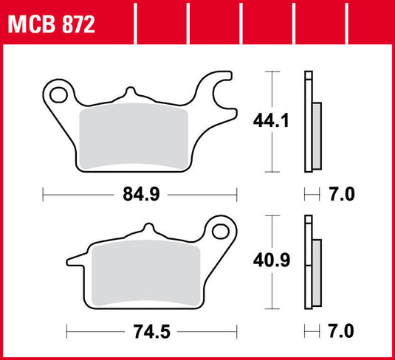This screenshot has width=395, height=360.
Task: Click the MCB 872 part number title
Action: pyautogui.click(x=51, y=25)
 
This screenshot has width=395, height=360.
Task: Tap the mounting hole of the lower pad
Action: pyautogui.click(x=221, y=232)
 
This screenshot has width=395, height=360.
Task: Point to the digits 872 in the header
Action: pyautogui.click(x=78, y=25)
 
